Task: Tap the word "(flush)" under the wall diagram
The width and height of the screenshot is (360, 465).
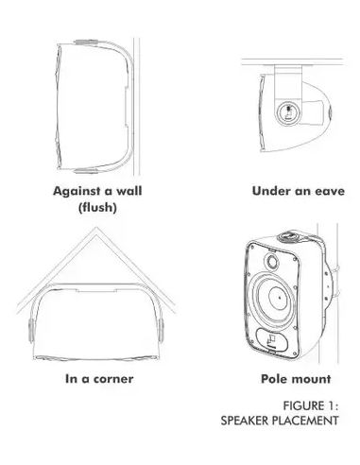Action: pyautogui.click(x=97, y=208)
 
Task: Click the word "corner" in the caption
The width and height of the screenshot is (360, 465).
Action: pyautogui.click(x=113, y=379)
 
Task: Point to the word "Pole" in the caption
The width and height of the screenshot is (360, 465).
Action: pyautogui.click(x=274, y=379)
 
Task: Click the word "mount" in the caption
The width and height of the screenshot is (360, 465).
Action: pyautogui.click(x=311, y=379)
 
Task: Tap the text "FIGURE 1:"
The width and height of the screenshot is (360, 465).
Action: pyautogui.click(x=311, y=405)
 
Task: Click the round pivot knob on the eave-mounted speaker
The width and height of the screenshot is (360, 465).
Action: pyautogui.click(x=289, y=113)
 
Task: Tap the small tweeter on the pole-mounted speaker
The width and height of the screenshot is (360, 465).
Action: pyautogui.click(x=272, y=261)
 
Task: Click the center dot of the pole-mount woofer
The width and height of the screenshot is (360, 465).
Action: pyautogui.click(x=280, y=298)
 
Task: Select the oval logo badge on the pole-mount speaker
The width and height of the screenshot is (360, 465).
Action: pyautogui.click(x=272, y=339)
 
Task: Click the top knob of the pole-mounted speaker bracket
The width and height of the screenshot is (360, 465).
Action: pyautogui.click(x=289, y=235)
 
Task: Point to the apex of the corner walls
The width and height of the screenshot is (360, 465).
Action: pyautogui.click(x=96, y=228)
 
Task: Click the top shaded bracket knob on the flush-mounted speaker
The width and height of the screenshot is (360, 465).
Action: pyautogui.click(x=86, y=42)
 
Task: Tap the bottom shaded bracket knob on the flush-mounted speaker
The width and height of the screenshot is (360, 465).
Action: pyautogui.click(x=86, y=171)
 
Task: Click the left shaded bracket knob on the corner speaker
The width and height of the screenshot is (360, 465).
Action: pyautogui.click(x=31, y=331)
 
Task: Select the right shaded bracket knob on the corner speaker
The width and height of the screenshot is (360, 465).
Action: pyautogui.click(x=161, y=331)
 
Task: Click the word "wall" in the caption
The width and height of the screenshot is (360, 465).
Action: pyautogui.click(x=129, y=191)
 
